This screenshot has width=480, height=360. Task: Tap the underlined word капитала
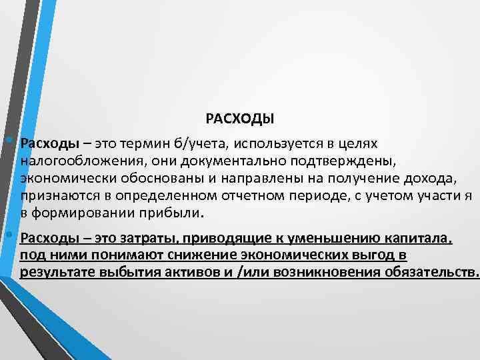(419, 238)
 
